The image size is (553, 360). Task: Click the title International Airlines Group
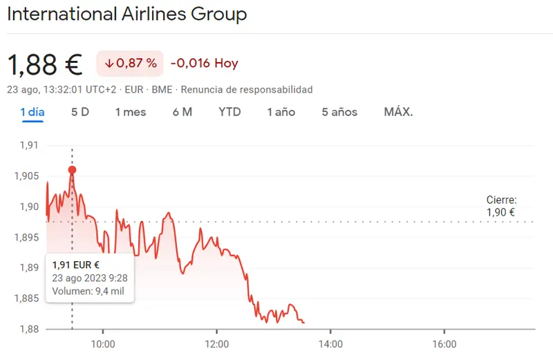point(126,14)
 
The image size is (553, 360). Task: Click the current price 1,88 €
point(44,64)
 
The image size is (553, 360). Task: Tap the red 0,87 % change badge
point(130,64)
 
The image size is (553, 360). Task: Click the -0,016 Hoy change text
point(204,64)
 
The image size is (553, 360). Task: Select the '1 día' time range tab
point(32,112)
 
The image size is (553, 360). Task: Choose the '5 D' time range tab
point(80,112)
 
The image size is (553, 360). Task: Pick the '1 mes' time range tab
point(131,112)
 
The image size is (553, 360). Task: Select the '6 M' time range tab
point(182,112)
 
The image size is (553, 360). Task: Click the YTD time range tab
point(229,112)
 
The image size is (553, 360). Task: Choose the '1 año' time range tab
point(281,112)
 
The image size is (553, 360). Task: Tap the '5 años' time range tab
point(339,112)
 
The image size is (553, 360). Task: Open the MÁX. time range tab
point(398,112)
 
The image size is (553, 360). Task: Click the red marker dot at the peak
point(73,170)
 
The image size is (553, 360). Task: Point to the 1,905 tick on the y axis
point(26,176)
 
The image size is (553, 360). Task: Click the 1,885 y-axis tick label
point(26,299)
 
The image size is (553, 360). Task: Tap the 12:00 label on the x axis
point(216,344)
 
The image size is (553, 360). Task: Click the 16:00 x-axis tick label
point(444,344)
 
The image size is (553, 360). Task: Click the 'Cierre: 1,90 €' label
point(501,206)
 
